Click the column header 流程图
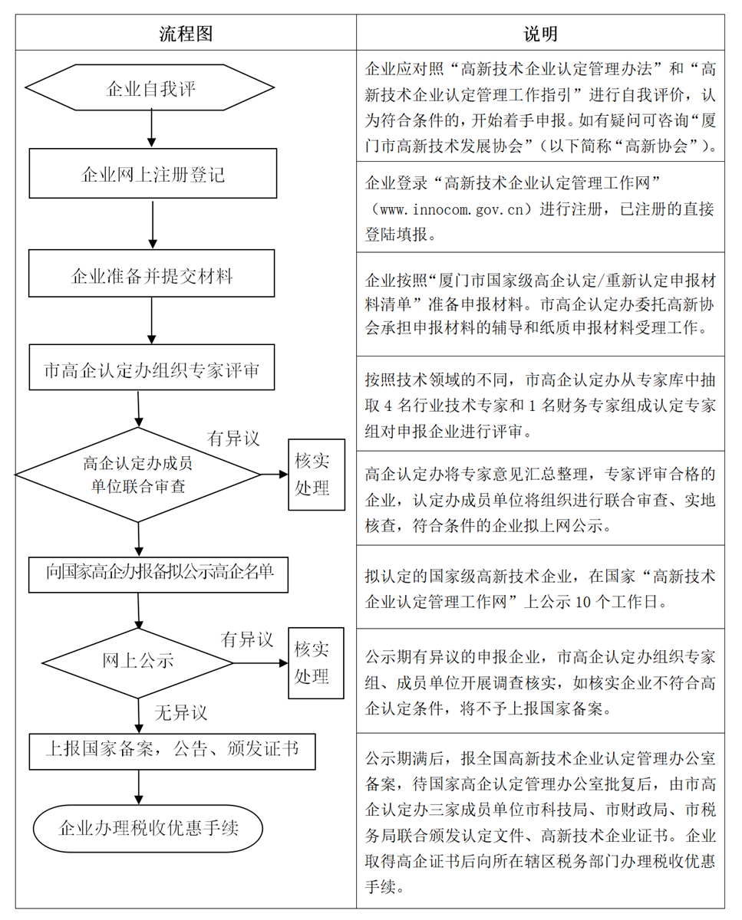click(186, 34)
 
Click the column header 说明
click(540, 34)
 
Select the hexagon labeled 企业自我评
click(151, 89)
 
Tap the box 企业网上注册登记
click(152, 175)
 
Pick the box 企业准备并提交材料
click(151, 274)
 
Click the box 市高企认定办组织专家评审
click(151, 370)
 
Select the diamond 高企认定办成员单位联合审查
click(138, 475)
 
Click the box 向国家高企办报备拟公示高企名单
click(159, 571)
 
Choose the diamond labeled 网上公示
click(138, 661)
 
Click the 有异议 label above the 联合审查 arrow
click(233, 439)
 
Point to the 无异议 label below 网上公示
click(181, 712)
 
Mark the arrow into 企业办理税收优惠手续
click(139, 787)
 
